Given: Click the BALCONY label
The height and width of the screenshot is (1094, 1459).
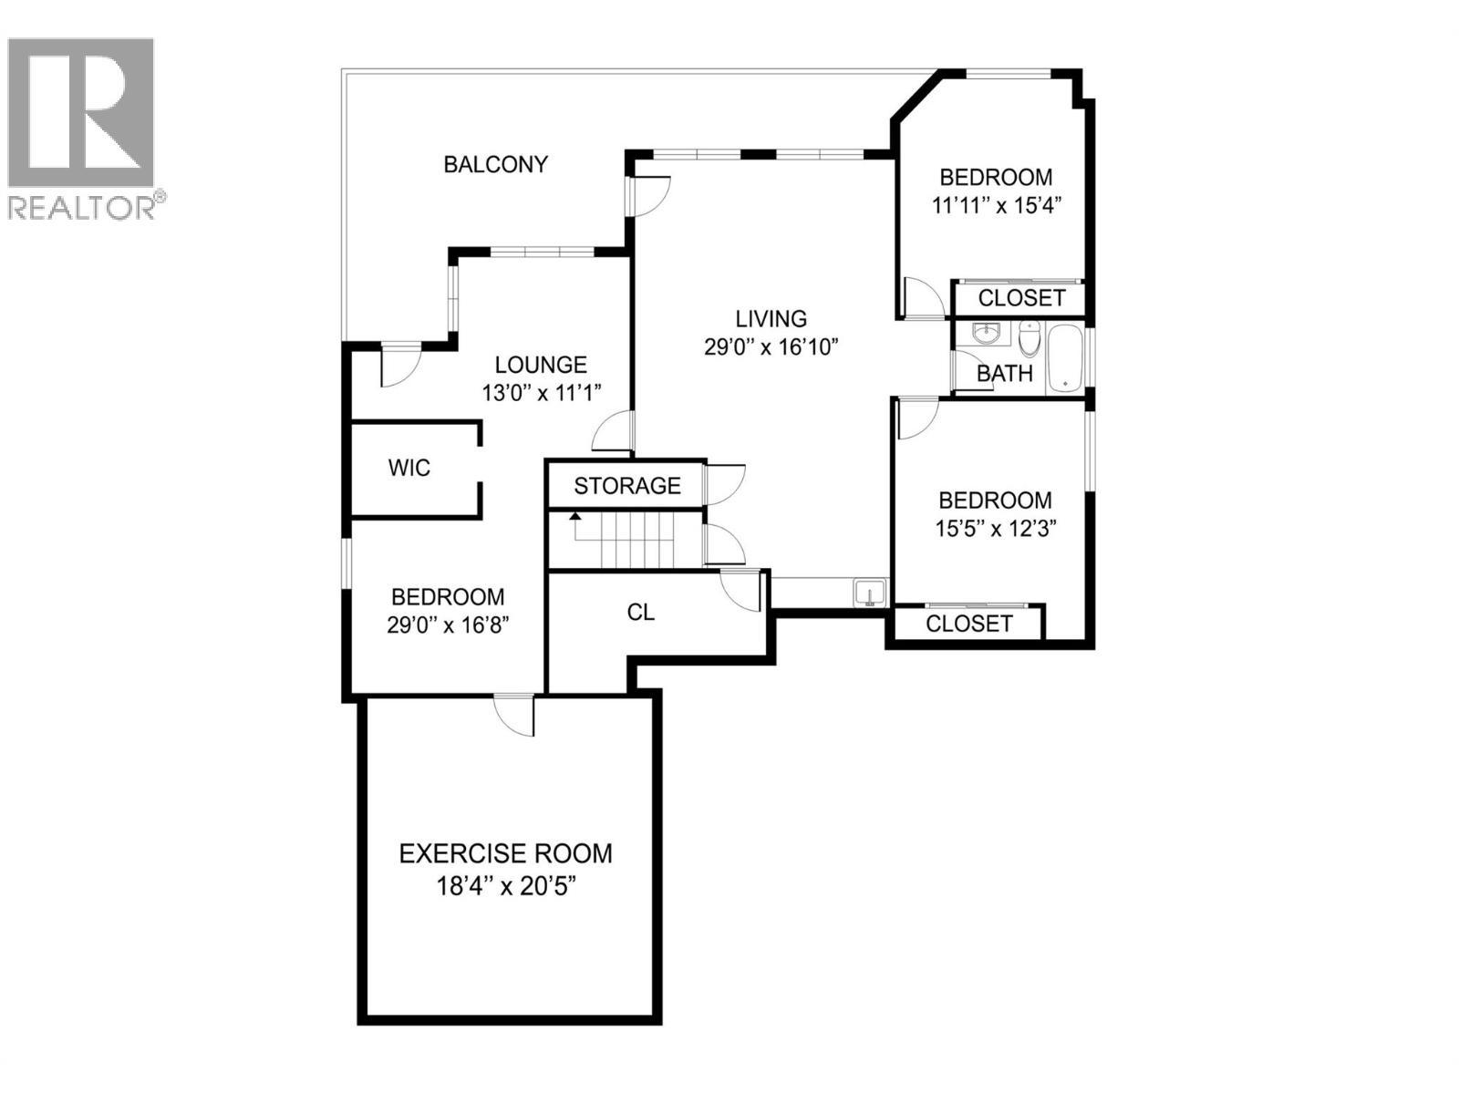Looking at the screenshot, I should pos(495,164).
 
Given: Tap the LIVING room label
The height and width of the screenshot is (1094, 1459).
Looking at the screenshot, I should pos(771,318).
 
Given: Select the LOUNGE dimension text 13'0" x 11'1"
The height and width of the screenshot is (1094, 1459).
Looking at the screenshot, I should pos(542,393).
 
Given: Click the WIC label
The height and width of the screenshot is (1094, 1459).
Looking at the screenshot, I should pos(409,468).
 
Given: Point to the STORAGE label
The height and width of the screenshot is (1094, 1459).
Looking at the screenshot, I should pos(626,486).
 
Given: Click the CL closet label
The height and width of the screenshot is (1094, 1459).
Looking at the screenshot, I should pos(640,612).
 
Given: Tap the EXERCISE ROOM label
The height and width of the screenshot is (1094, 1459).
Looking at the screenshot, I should pos(505,853).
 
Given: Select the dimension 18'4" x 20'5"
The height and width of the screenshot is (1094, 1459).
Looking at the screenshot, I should pos(505,885).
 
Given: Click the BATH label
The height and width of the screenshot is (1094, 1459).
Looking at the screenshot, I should pos(1004,373).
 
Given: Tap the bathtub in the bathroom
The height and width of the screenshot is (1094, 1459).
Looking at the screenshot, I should pos(1064,358).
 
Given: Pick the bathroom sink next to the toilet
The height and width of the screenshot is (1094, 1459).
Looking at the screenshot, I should pos(986,334).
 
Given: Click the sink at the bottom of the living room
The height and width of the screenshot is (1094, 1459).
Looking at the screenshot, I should pos(869,593).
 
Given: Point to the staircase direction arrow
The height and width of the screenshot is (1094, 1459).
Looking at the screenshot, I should pos(575,517).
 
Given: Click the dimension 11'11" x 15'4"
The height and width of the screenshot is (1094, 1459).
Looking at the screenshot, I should pos(996,205).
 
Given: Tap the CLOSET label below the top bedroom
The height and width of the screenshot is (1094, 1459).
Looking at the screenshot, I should pos(1021,298).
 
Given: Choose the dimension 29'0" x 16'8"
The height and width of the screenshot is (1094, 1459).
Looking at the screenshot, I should pos(447,625).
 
